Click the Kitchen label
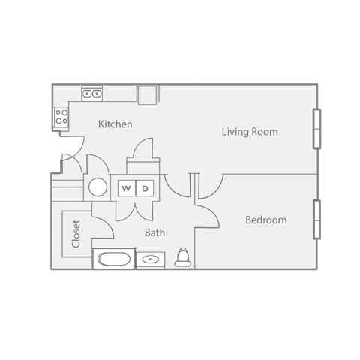[x=115, y=124]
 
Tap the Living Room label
[x=250, y=132]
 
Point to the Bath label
[x=154, y=232]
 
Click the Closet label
[x=76, y=233]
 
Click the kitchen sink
[x=92, y=94]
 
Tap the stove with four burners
[x=61, y=116]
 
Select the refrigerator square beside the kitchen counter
[x=147, y=94]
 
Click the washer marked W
[x=126, y=187]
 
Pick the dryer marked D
[x=146, y=187]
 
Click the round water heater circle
[x=98, y=187]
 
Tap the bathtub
[x=113, y=259]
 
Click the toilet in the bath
[x=182, y=259]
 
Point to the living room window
[x=317, y=129]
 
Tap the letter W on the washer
[x=126, y=187]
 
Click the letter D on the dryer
[x=146, y=187]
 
